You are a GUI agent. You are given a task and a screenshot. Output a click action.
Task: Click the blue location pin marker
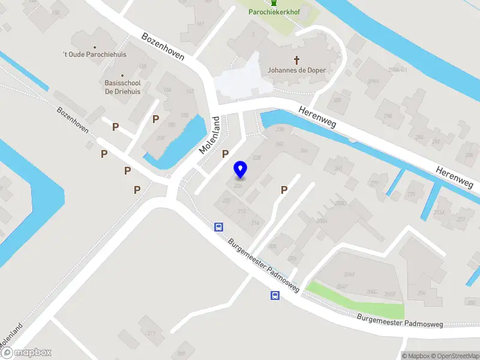click(x=240, y=170)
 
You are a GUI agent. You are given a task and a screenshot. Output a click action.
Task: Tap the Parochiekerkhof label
click(x=275, y=11)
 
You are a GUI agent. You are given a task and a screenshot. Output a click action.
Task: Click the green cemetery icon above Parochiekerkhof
click(x=275, y=2)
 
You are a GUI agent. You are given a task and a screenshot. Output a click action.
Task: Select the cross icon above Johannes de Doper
click(x=296, y=60)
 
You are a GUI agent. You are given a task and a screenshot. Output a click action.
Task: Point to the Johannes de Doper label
click(x=296, y=70)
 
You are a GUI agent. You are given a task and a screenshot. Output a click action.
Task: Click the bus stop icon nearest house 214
click(x=219, y=227)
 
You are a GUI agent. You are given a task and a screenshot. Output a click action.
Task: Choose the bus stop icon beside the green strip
click(x=275, y=295)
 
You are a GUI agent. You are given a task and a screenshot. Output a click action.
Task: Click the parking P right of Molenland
click(x=226, y=154)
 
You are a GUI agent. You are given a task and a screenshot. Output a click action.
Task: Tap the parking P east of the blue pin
click(x=284, y=190)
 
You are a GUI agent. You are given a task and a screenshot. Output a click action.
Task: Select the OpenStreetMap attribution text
click(x=450, y=356)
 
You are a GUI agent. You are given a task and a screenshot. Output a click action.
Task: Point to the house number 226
click(x=238, y=186)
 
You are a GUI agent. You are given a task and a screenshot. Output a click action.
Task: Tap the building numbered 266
click(x=304, y=151)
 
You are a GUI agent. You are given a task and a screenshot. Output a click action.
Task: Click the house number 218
click(x=242, y=211)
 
